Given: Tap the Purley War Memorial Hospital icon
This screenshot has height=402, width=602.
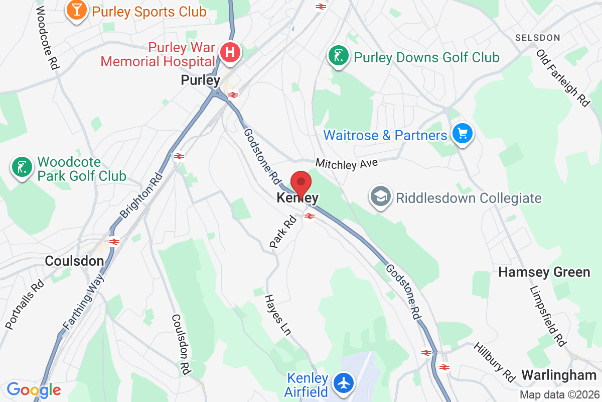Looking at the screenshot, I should point(230,52).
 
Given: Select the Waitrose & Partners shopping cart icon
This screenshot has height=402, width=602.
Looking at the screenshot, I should point(462,134).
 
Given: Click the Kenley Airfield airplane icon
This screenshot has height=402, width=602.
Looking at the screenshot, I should point(344,384).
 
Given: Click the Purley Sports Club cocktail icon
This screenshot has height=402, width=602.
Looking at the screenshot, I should point(77,11).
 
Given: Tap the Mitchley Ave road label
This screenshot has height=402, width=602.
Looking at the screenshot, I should point(346,164).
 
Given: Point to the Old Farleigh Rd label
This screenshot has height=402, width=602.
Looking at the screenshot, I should point(562,77).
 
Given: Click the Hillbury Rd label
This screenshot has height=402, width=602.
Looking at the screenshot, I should point(495,362).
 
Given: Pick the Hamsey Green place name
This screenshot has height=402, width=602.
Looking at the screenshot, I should point(544,272).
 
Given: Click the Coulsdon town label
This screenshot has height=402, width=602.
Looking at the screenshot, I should point(74,261).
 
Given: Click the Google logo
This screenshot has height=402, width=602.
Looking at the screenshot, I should point(34,389).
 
